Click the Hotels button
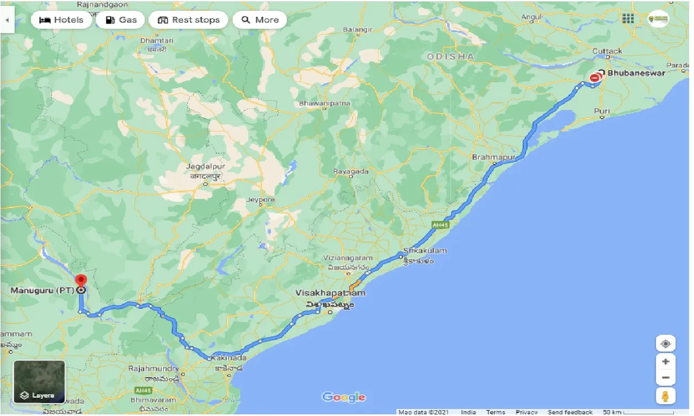pos(61,20)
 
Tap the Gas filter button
pos(120,20)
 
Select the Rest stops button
pos(188,20)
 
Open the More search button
pos(260,20)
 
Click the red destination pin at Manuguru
pos(81,281)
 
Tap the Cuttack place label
pos(607,51)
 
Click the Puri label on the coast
pos(602,111)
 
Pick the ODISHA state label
pos(451,56)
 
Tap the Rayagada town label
pos(351,171)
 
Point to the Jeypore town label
pos(260,200)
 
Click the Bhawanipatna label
pos(325,103)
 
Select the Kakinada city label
pos(230,358)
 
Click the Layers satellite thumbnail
pos(39,382)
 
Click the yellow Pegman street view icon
pos(665,396)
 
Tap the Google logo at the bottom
pos(344,397)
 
